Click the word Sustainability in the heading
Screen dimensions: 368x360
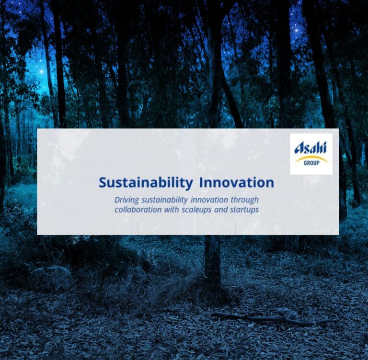(146, 183)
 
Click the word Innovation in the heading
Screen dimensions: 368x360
(236, 182)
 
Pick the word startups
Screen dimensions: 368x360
(244, 210)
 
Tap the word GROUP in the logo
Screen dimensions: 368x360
(311, 163)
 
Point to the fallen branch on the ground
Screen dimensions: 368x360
(270, 318)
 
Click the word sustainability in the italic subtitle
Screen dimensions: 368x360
(165, 200)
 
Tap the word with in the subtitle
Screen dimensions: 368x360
(172, 209)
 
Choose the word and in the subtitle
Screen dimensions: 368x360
(221, 209)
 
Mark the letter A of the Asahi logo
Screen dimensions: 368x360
(299, 148)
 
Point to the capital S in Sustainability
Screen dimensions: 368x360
(103, 183)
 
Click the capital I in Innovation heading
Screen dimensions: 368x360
(201, 183)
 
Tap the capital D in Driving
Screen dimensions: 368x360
(117, 200)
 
